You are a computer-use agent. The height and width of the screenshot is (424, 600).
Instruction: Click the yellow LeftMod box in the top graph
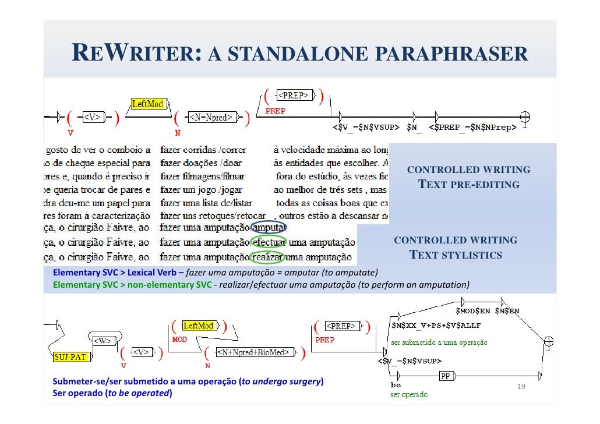tap(147, 104)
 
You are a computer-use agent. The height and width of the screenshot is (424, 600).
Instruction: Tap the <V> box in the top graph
tap(93, 118)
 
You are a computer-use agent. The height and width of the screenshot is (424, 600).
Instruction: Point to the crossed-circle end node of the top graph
tap(525, 116)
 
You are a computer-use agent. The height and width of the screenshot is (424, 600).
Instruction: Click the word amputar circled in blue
tap(269, 228)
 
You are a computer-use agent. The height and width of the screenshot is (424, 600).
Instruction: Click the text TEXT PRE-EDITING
tap(469, 185)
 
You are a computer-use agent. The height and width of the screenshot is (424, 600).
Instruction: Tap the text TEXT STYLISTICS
tap(456, 255)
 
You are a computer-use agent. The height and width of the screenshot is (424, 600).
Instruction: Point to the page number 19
tap(521, 387)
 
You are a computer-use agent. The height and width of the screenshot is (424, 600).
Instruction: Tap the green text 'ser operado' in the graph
tap(408, 395)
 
